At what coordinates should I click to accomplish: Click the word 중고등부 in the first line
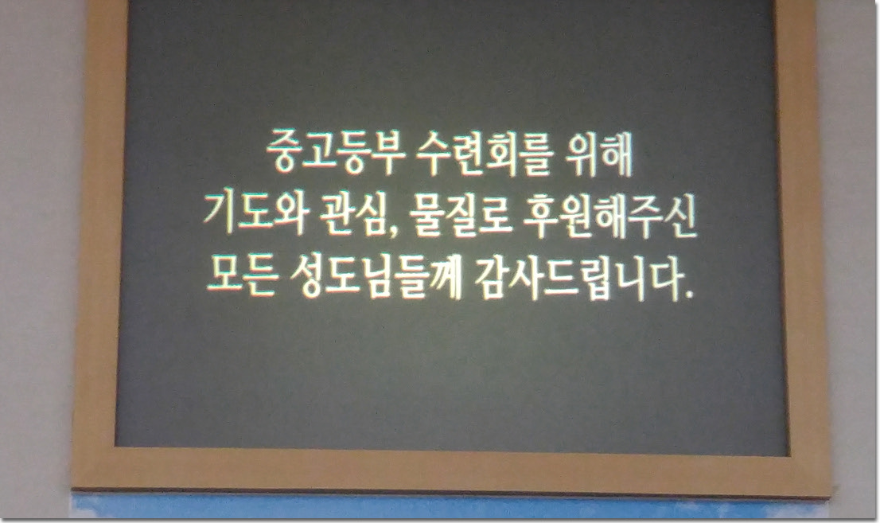pos(335,152)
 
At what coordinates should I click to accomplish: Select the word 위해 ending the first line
pos(600,152)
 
